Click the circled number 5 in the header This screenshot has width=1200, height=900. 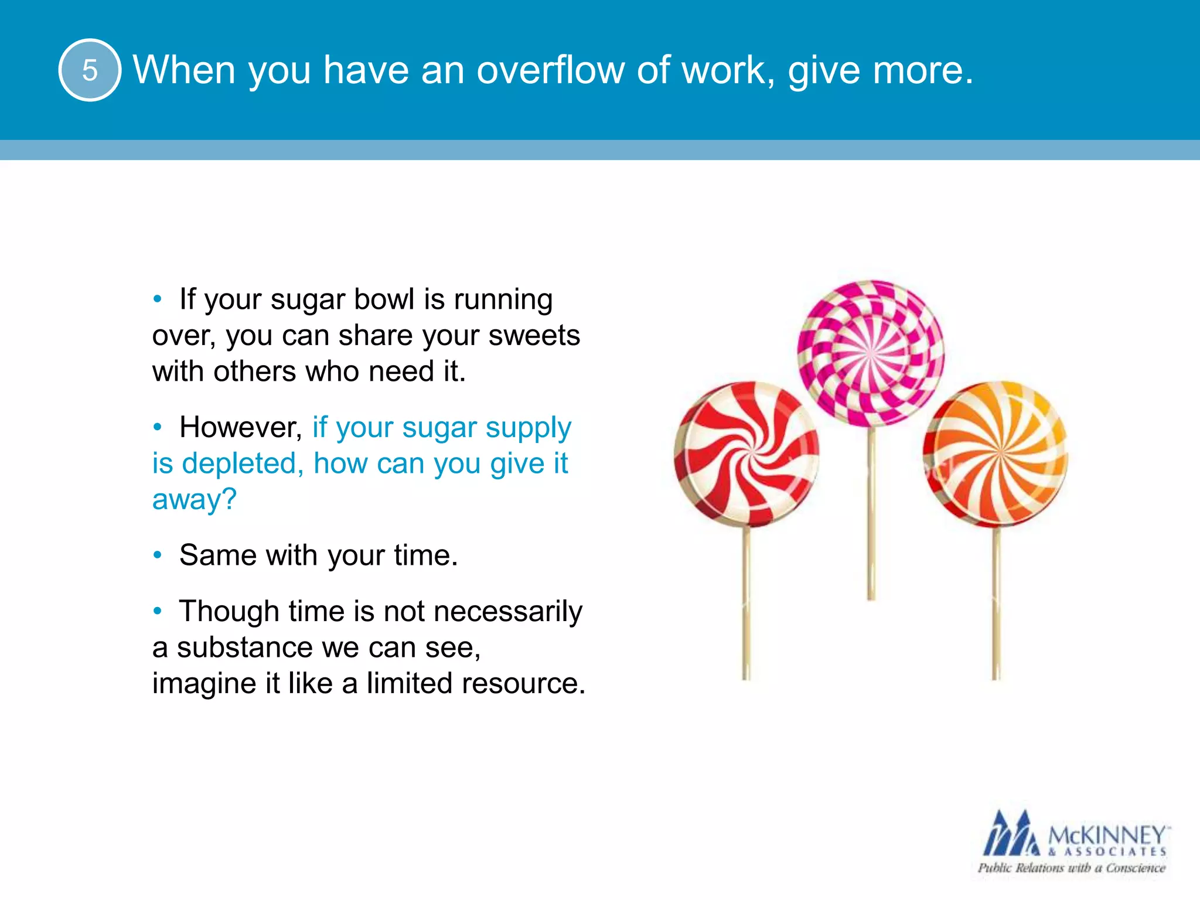[x=90, y=70]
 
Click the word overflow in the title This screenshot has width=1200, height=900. [x=550, y=70]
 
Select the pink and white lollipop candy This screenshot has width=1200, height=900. [x=871, y=353]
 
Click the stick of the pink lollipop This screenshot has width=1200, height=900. [x=871, y=516]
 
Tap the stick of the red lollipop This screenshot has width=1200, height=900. [x=746, y=604]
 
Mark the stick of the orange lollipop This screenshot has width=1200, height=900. [x=996, y=604]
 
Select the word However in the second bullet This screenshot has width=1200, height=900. [x=240, y=427]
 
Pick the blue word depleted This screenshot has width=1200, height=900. [x=243, y=463]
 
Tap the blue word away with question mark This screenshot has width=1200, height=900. [x=194, y=500]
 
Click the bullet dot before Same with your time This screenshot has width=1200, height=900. [x=157, y=555]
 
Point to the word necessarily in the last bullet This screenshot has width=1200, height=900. [x=508, y=611]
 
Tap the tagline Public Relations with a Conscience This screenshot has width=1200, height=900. [x=1071, y=868]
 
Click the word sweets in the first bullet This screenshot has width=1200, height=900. [x=534, y=335]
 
